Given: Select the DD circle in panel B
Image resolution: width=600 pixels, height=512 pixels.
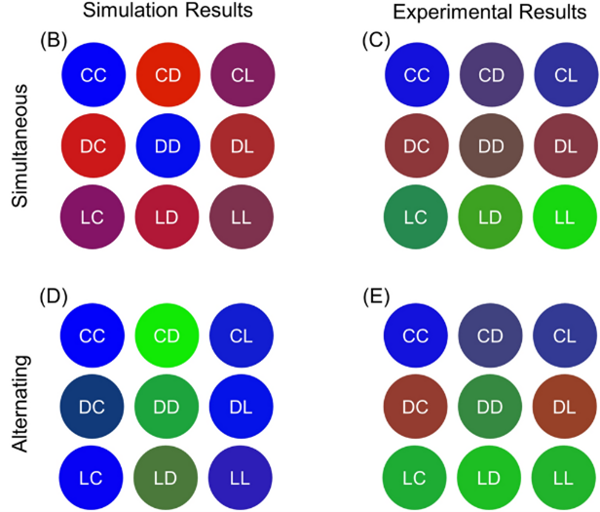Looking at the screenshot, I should (168, 145).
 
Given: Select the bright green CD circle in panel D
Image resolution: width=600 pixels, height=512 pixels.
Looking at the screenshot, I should (168, 336).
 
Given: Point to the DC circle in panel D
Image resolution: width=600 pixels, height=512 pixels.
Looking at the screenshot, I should (93, 406).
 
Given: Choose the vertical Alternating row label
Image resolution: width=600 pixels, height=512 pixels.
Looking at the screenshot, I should (21, 404).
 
